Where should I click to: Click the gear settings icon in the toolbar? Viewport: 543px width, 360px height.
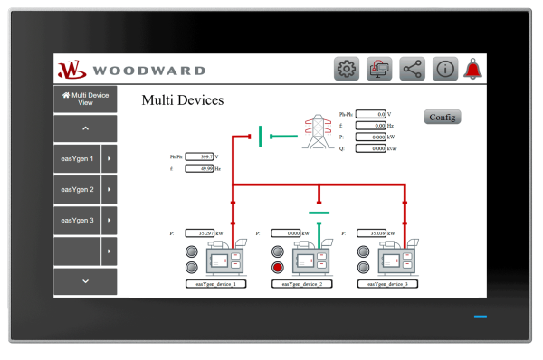347,69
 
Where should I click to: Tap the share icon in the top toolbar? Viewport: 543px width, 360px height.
412,69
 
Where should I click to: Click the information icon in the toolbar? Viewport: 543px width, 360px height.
444,69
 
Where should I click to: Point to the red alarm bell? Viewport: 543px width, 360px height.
472,69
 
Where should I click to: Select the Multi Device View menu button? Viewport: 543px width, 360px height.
85,99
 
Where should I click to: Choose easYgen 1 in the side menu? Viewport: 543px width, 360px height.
78,158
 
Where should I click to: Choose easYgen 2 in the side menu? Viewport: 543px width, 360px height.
78,189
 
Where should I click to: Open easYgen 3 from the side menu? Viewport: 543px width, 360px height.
78,220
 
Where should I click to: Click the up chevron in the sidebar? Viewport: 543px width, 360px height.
85,128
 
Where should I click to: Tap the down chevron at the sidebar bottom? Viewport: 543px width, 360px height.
85,281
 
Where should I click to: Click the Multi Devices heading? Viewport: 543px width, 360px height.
183,100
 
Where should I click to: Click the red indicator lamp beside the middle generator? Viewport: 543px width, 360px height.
278,267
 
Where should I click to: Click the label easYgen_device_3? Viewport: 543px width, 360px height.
381,283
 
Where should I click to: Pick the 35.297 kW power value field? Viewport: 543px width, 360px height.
200,233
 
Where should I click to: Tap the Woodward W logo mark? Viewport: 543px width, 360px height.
71,70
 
